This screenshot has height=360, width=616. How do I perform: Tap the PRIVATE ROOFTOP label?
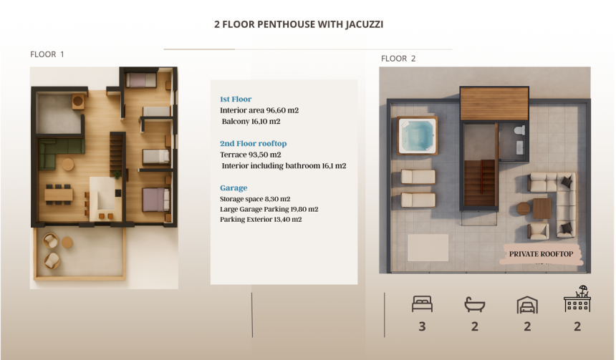point(541,254)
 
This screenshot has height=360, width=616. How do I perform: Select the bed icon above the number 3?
point(422,304)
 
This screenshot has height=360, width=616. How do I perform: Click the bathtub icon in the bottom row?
point(474,305)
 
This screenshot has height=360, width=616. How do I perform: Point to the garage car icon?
point(526,305)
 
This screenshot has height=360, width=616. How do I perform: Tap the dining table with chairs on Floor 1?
point(59,194)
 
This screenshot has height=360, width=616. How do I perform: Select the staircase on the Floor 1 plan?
point(116,150)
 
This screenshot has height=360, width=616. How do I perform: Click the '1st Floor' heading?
point(236,99)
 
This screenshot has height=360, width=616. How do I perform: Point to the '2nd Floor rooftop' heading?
point(253,144)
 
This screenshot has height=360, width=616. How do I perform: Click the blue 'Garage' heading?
point(234,188)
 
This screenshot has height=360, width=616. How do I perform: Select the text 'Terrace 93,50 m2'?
point(250,155)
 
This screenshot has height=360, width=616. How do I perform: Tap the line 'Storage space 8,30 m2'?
point(254,199)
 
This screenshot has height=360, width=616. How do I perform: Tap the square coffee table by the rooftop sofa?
point(542,208)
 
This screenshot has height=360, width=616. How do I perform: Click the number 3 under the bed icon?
point(422,327)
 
